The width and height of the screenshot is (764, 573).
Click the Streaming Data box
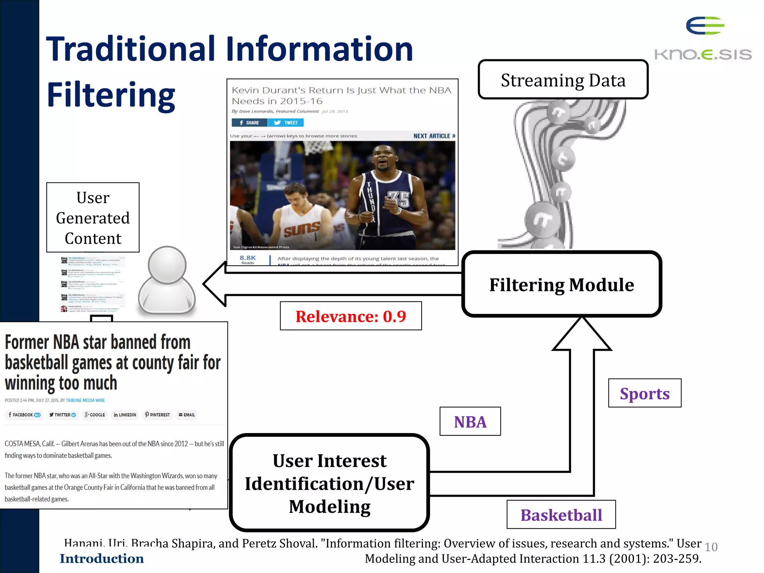click(563, 79)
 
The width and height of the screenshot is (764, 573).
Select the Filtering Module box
click(561, 284)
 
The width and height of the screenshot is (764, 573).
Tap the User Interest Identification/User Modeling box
click(329, 483)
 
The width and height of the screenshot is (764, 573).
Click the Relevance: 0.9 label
click(351, 316)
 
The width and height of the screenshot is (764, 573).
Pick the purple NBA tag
click(470, 422)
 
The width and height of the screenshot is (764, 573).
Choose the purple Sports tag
click(644, 393)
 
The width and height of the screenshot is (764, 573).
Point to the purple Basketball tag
click(561, 515)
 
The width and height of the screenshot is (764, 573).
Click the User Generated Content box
click(93, 217)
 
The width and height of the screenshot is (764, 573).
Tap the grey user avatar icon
click(167, 281)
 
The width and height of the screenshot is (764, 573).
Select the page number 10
click(711, 547)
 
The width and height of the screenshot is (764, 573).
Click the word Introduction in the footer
click(101, 558)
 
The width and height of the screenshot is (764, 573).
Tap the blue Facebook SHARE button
click(249, 123)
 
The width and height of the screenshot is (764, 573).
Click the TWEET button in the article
click(286, 123)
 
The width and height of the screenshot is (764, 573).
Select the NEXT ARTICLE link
click(434, 136)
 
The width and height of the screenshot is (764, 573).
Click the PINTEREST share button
click(157, 415)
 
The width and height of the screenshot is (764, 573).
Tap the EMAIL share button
click(187, 415)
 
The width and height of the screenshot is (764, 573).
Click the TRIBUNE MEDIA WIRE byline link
click(85, 400)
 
